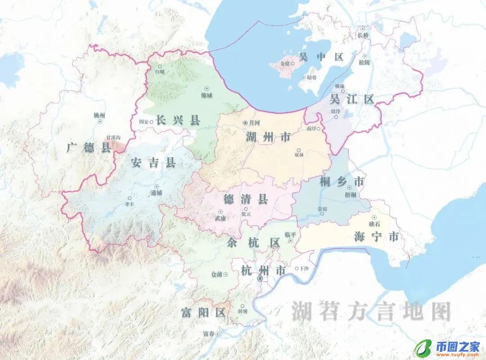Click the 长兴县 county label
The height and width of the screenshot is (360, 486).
pyautogui.click(x=178, y=120)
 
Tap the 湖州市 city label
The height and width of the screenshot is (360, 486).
pyautogui.click(x=268, y=138)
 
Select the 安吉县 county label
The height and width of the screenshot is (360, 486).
pyautogui.click(x=153, y=162)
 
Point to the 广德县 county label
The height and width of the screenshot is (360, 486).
pyautogui.click(x=89, y=147)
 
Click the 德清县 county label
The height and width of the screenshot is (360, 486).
pyautogui.click(x=246, y=198)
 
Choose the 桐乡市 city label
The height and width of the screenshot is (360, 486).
pyautogui.click(x=342, y=182)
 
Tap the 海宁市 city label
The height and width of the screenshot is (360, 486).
pyautogui.click(x=376, y=236)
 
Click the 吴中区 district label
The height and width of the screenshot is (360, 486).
pyautogui.click(x=321, y=57)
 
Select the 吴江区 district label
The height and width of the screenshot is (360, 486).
pyautogui.click(x=352, y=99)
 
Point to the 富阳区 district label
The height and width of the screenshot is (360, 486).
pyautogui.click(x=203, y=312)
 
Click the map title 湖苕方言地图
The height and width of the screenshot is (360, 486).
pyautogui.click(x=371, y=311)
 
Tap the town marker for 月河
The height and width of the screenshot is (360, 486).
pyautogui.click(x=245, y=122)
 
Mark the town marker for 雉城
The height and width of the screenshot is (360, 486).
pyautogui.click(x=207, y=89)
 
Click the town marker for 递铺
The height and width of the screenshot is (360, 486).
pyautogui.click(x=157, y=186)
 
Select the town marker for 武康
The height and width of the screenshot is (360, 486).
pyautogui.click(x=220, y=211)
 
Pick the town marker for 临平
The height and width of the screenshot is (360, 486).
pyautogui.click(x=291, y=241)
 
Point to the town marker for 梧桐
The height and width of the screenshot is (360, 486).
pyautogui.click(x=350, y=188)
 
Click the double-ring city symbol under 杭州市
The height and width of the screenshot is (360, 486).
pyautogui.click(x=260, y=279)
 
